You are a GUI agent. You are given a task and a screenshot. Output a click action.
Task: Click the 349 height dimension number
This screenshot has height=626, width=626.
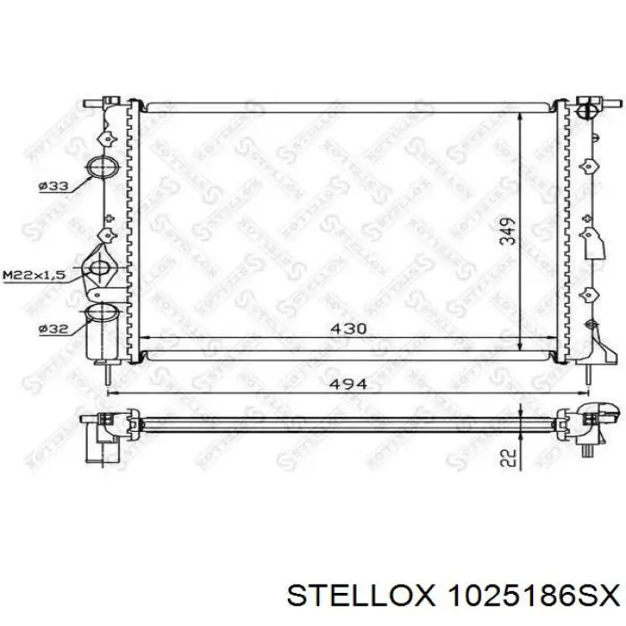[x=508, y=231]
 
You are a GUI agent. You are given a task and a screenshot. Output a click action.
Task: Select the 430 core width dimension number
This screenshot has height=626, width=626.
[x=349, y=328]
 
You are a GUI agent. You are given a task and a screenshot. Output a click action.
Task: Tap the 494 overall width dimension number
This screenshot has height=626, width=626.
[x=348, y=384]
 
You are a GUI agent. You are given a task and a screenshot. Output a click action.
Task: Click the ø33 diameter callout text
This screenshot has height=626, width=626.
[x=54, y=186]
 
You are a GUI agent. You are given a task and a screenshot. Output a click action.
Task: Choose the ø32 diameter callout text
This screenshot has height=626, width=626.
[x=54, y=329]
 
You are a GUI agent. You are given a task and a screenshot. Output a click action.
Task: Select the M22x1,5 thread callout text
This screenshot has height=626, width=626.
[x=34, y=275]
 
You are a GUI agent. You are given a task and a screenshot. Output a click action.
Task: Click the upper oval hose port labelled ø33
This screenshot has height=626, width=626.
[x=103, y=167]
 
